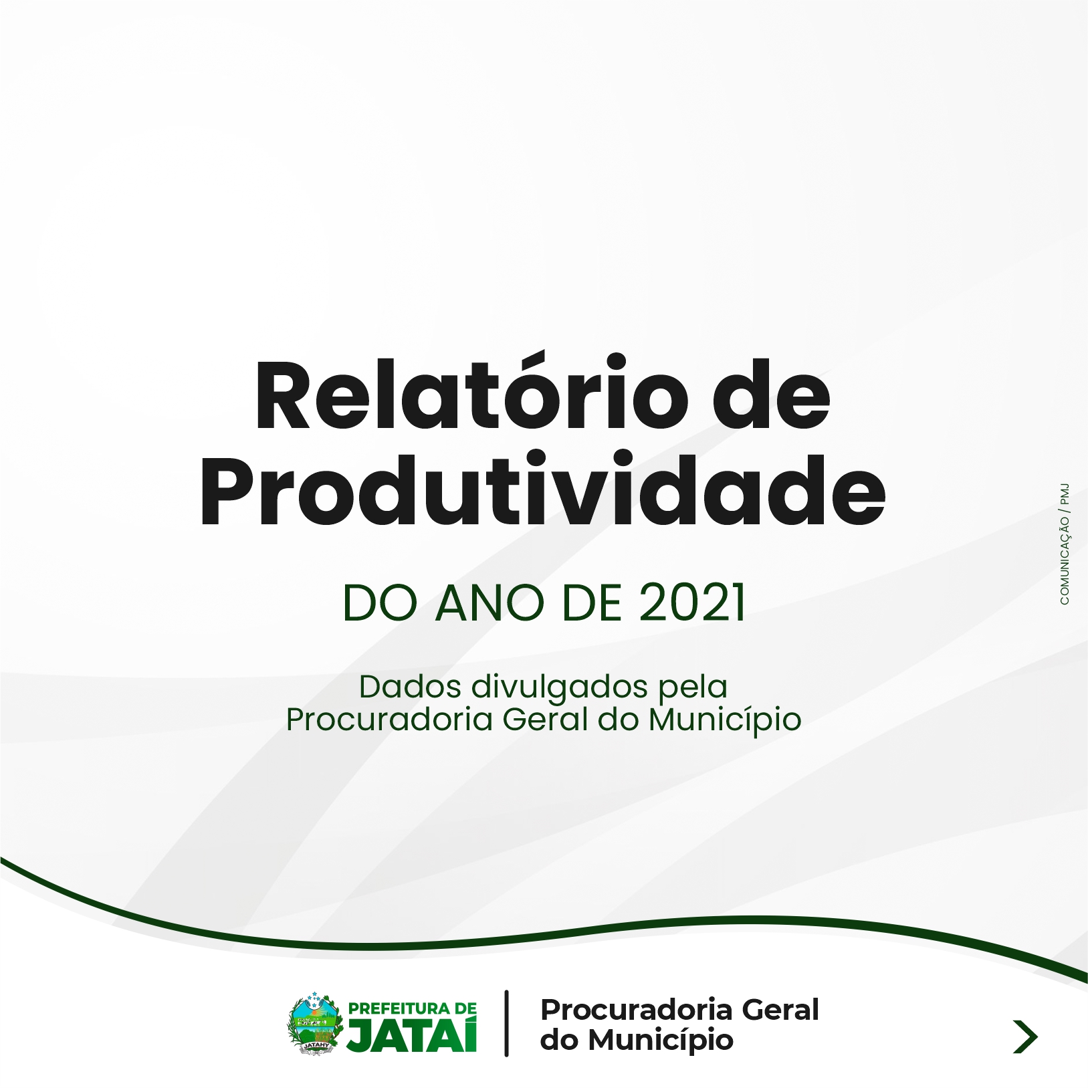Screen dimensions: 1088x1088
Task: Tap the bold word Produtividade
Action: pyautogui.click(x=543, y=489)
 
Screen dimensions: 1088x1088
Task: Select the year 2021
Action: pyautogui.click(x=692, y=603)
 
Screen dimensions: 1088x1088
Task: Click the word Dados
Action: pyautogui.click(x=409, y=687)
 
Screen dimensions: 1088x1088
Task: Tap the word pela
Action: pyautogui.click(x=693, y=687)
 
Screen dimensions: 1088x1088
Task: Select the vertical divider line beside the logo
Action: pyautogui.click(x=506, y=1023)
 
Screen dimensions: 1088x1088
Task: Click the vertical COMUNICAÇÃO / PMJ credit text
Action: pyautogui.click(x=1064, y=544)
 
